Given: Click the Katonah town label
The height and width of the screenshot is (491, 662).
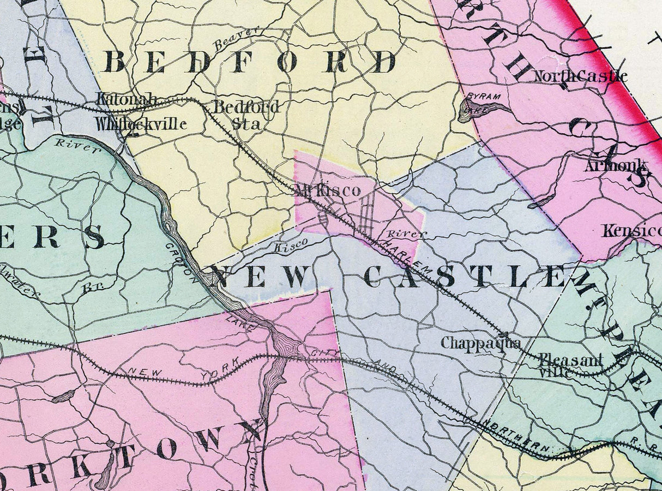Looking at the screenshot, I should point(127,100).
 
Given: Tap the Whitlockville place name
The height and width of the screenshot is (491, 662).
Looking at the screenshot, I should point(141,124).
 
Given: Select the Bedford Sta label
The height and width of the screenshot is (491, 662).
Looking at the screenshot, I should point(246,114).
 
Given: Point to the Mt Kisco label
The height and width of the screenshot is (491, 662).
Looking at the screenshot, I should point(328,190).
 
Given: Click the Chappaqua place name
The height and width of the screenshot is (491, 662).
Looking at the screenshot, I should point(480,343).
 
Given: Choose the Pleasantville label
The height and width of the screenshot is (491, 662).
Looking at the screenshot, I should point(570,366).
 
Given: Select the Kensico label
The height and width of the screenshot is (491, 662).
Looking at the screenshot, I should point(631,231).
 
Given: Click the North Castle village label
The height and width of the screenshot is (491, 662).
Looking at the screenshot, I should point(580,76).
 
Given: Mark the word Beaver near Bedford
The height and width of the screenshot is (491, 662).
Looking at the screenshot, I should point(236,39).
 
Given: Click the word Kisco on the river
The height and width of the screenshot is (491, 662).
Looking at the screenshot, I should point(290,245).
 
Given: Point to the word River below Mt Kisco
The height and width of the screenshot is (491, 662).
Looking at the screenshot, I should point(404,233).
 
